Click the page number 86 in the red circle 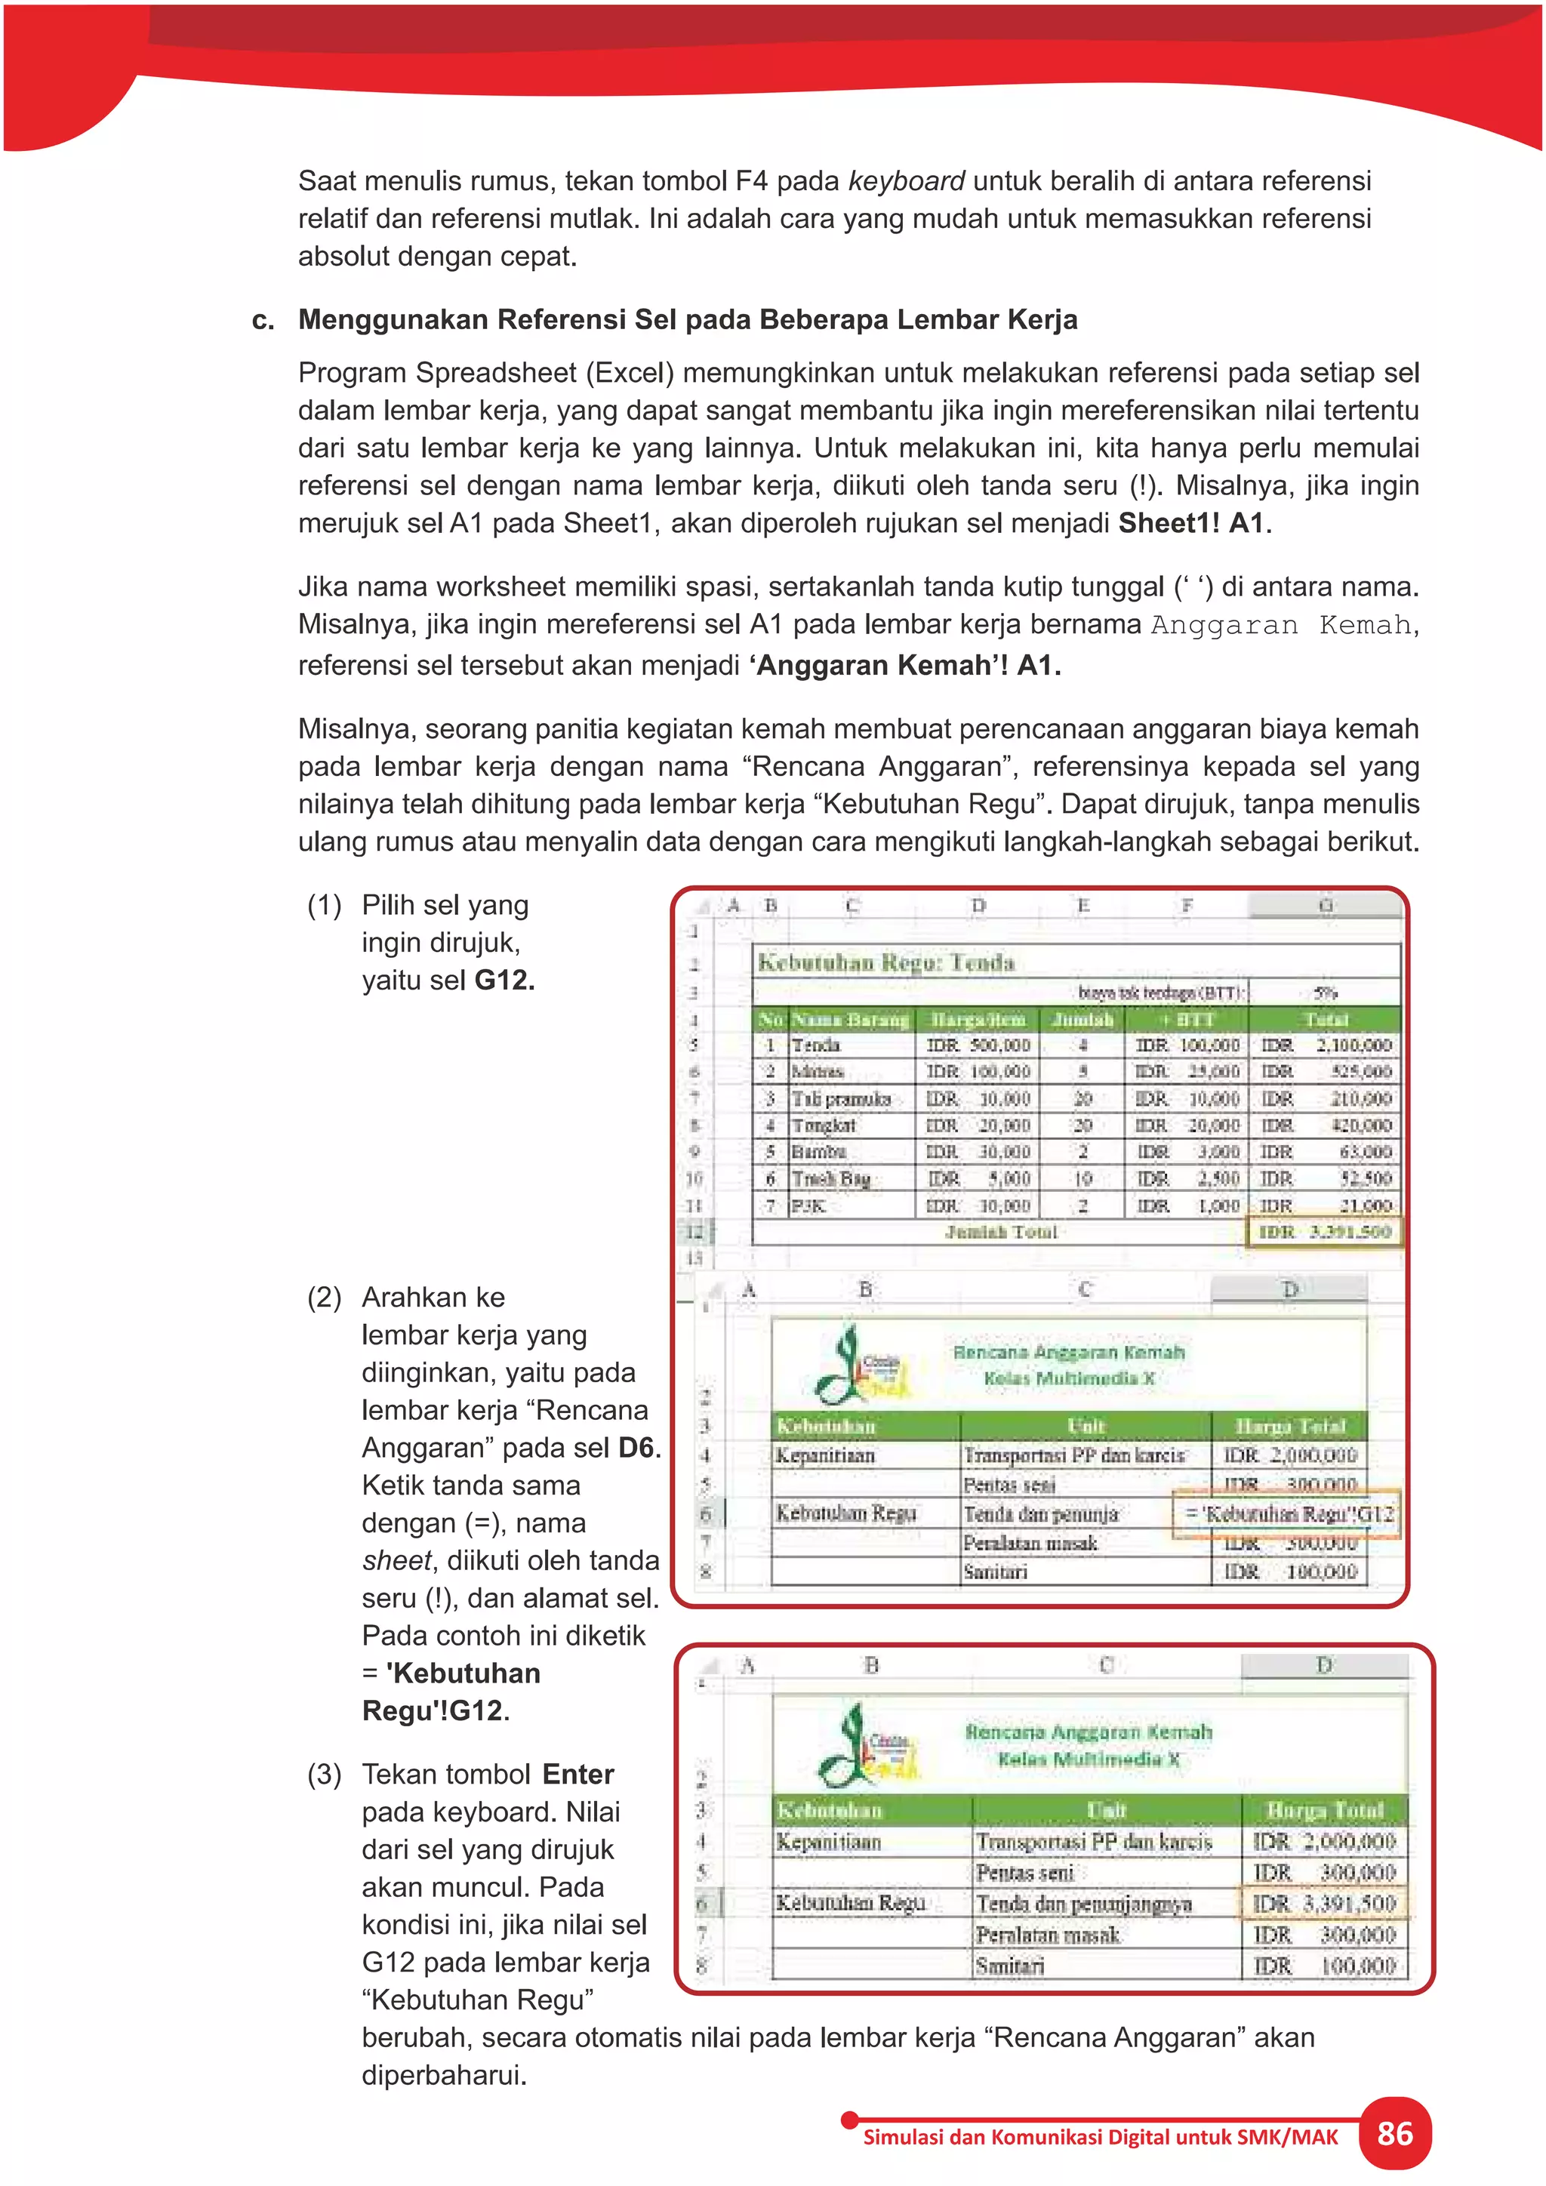pos(1394,2134)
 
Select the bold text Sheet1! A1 pos(1192,522)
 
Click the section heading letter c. pos(262,320)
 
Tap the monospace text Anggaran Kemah pos(1280,626)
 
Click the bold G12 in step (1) pos(504,980)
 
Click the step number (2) pos(324,1297)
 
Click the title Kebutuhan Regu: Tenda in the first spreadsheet pos(885,962)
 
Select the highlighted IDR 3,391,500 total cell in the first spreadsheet pos(1324,1232)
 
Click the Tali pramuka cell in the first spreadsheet pos(842,1099)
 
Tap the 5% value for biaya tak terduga pos(1325,992)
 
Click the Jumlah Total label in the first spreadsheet pos(1000,1232)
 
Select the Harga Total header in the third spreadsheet pos(1324,1810)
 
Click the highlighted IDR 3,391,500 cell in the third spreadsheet pos(1324,1903)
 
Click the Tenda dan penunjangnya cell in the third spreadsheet pos(1083,1903)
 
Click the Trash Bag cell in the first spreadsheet pos(831,1179)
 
